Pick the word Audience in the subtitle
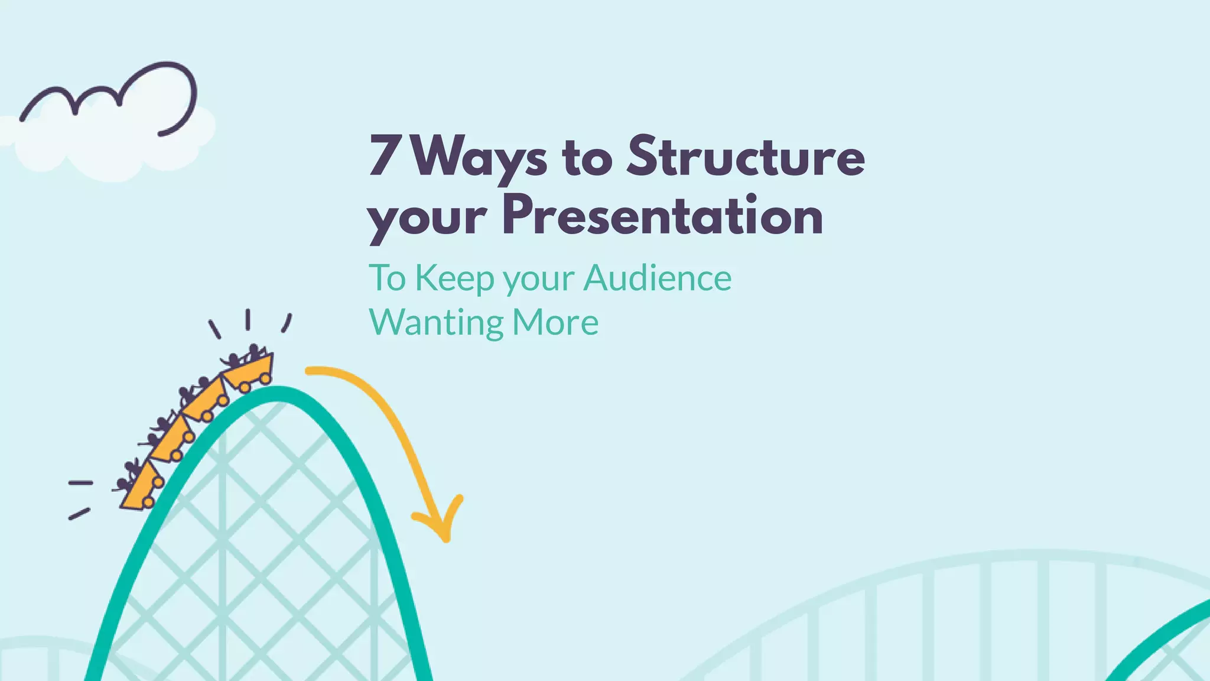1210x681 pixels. click(658, 278)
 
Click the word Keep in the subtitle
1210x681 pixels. click(454, 279)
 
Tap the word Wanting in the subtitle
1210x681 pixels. click(436, 323)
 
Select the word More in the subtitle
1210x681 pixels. click(555, 323)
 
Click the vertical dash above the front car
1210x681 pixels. click(248, 319)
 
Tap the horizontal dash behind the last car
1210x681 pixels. click(80, 483)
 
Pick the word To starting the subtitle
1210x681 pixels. click(388, 278)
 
